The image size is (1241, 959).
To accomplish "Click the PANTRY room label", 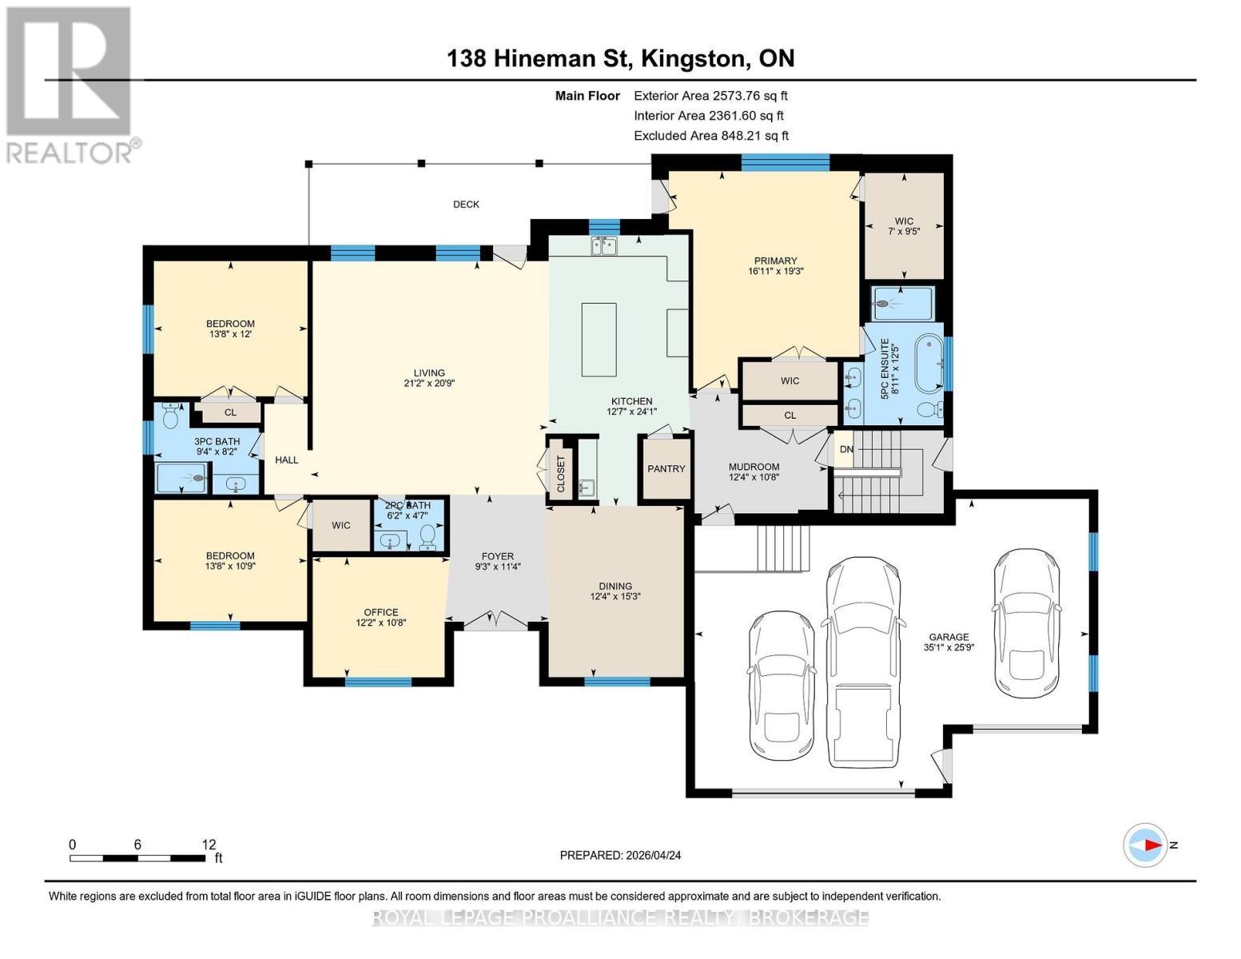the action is pyautogui.click(x=666, y=468).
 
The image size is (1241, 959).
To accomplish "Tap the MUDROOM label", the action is pyautogui.click(x=754, y=467).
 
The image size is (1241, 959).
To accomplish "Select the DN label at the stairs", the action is pyautogui.click(x=846, y=449).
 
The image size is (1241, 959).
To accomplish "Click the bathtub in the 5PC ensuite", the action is pyautogui.click(x=929, y=364).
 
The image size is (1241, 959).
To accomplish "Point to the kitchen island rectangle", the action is pyautogui.click(x=599, y=340).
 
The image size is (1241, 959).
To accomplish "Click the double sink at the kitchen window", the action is pyautogui.click(x=603, y=246).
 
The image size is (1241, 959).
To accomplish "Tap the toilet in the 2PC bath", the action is pyautogui.click(x=428, y=537).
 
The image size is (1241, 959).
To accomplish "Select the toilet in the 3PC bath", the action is pyautogui.click(x=171, y=416).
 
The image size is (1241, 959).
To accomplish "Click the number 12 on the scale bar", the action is pyautogui.click(x=209, y=844).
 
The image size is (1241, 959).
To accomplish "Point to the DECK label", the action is pyautogui.click(x=466, y=204).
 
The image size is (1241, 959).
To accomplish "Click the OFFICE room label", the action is pyautogui.click(x=381, y=612).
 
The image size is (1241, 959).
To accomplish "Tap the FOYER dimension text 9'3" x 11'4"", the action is pyautogui.click(x=497, y=567).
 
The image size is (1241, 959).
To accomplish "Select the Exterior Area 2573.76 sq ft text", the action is pyautogui.click(x=710, y=96).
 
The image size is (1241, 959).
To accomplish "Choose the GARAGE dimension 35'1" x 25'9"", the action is pyautogui.click(x=949, y=647).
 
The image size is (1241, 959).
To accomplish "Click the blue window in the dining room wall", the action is pyautogui.click(x=618, y=681).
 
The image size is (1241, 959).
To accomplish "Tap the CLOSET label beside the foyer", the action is pyautogui.click(x=561, y=473).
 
